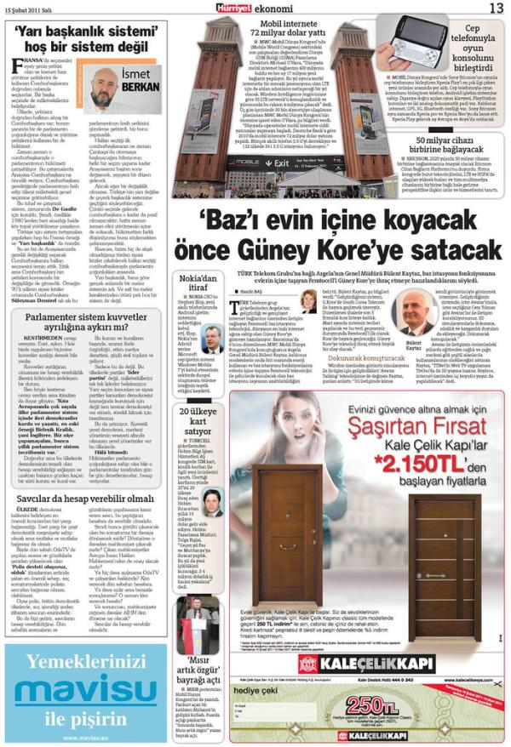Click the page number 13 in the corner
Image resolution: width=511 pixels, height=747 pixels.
495,8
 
